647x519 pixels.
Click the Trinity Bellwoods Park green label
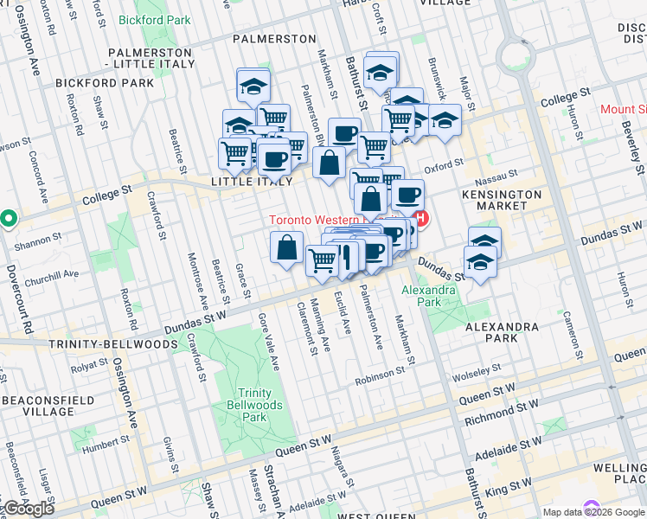coord(253,405)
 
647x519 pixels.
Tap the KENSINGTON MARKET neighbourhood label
coord(506,199)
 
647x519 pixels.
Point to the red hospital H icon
coord(421,220)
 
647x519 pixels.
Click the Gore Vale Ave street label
coord(267,339)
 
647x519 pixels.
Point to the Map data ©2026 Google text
coord(593,512)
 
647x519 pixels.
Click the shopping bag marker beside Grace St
coord(286,248)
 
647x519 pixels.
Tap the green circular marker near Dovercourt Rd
coord(8,219)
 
